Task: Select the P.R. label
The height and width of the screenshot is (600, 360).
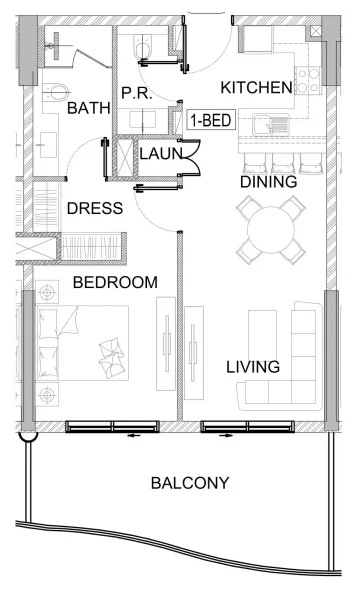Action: [135, 93]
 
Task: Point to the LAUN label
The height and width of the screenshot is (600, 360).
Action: [160, 153]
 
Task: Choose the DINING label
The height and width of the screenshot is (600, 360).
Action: [268, 183]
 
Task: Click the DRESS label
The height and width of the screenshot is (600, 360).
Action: [94, 208]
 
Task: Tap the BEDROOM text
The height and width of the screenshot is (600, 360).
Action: [115, 283]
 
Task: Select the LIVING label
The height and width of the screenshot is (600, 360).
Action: [252, 367]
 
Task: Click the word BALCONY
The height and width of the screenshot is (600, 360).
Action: [190, 483]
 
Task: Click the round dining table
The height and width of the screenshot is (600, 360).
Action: [271, 229]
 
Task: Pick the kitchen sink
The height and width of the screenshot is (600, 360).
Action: [268, 125]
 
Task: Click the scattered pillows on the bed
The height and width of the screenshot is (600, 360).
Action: [108, 352]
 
